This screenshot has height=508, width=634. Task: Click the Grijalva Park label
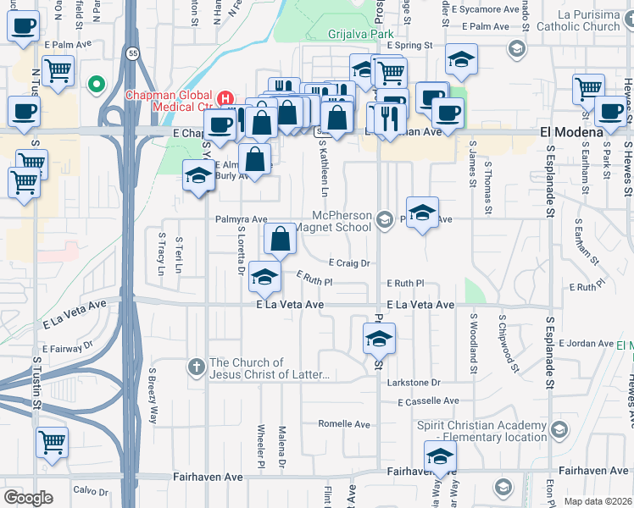[357, 34]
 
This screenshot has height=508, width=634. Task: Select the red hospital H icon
[226, 98]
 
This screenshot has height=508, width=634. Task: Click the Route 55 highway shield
[133, 52]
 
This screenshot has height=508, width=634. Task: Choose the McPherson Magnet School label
[342, 222]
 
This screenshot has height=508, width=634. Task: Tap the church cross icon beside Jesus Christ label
[196, 367]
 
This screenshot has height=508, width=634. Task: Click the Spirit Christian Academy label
[482, 431]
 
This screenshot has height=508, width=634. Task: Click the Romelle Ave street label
[344, 424]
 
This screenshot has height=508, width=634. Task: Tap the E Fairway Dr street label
[68, 346]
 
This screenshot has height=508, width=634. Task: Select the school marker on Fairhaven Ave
[439, 457]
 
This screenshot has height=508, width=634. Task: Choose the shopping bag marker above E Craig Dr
[280, 240]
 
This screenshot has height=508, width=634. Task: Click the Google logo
[28, 499]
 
